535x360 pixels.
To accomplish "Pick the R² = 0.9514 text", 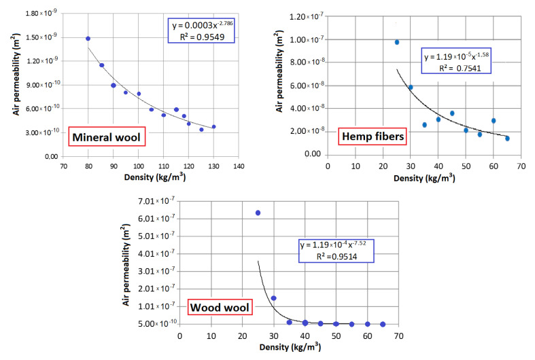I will click(330, 257).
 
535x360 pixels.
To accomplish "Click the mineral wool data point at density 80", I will click(88, 39).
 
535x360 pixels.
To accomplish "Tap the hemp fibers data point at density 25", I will click(397, 42).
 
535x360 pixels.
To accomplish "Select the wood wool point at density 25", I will click(258, 213).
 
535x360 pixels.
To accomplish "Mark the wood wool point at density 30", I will click(274, 298).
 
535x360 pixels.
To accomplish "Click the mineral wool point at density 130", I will click(213, 126).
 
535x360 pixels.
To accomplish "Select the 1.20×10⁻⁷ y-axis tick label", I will click(304, 16).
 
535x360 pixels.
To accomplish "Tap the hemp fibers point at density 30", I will click(411, 87).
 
